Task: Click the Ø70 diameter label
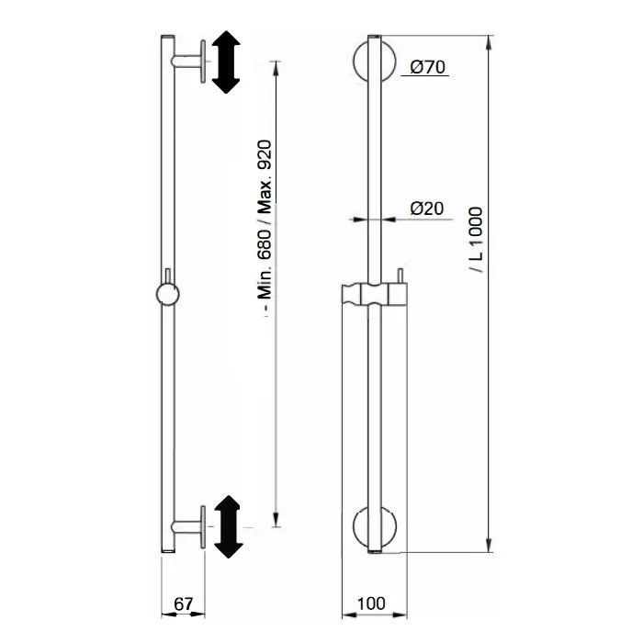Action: [427, 67]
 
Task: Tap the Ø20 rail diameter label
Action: [427, 209]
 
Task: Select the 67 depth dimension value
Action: [183, 604]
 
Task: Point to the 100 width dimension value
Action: [371, 604]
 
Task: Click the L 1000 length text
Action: [476, 240]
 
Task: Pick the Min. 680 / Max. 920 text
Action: [265, 225]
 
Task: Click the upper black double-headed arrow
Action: [226, 62]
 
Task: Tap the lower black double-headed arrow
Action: [228, 526]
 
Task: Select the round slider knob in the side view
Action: [168, 295]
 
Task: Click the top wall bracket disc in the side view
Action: [203, 62]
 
